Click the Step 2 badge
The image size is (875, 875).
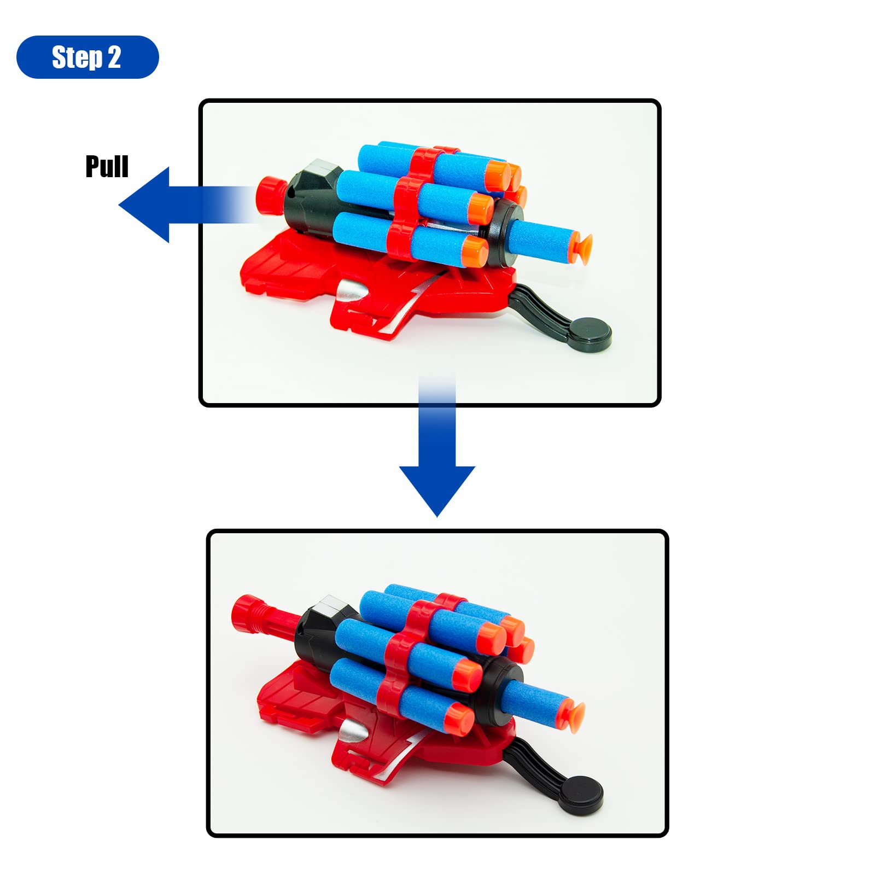(87, 57)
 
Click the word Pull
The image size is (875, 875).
(107, 166)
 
